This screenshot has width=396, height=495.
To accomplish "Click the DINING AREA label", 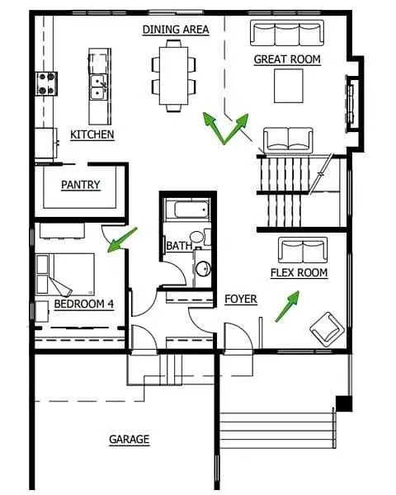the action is (176, 30).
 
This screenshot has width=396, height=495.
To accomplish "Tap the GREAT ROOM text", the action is (287, 59).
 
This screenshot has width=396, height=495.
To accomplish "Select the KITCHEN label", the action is (92, 134).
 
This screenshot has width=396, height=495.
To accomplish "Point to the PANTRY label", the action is (81, 185).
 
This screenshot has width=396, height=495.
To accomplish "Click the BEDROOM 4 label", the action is (83, 304).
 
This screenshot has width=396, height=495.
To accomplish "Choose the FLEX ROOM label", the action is (299, 273).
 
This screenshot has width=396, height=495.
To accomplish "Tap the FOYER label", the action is (241, 299).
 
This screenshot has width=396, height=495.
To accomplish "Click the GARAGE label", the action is (130, 439).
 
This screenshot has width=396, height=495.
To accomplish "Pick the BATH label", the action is (179, 246).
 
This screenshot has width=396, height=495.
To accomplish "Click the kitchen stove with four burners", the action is (46, 83).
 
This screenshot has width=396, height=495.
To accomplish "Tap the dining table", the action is (174, 76).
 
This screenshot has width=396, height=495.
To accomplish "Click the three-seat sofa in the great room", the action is (287, 33).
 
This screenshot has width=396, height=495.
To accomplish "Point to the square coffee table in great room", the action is (289, 86).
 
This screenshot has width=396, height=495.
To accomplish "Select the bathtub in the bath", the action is (187, 210).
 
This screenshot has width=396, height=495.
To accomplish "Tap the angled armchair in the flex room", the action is (328, 329).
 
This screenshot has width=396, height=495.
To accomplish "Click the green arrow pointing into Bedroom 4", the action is (122, 239).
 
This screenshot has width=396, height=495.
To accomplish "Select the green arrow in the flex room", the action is (287, 306).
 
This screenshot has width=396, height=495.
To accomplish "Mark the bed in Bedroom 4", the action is (66, 274).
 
